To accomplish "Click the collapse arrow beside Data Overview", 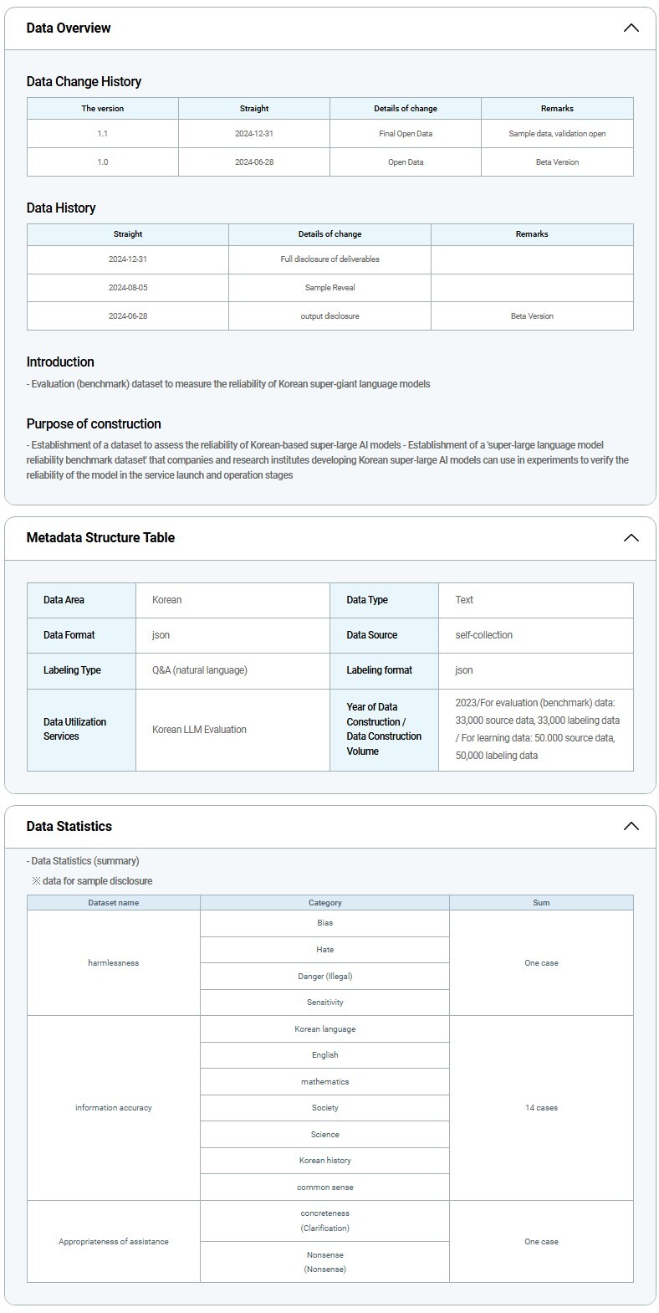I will [x=631, y=28].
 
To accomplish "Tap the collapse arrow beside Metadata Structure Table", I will [x=631, y=537].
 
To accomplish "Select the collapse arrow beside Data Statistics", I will [x=631, y=826].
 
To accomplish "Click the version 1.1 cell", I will [x=102, y=133].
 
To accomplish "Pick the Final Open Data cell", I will [x=406, y=133].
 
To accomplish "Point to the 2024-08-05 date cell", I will [x=127, y=287].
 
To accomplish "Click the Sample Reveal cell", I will [x=329, y=287].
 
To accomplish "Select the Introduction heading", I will [x=60, y=362].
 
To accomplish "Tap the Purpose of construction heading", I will [x=94, y=423].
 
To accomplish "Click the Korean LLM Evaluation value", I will [x=199, y=729].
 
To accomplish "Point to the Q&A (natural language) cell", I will [x=200, y=670].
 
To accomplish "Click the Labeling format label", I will [x=380, y=670].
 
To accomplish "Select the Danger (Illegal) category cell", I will [x=324, y=976].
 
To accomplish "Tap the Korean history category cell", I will [x=324, y=1160].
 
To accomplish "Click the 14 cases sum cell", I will [x=541, y=1107].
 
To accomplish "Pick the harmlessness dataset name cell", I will [x=113, y=962].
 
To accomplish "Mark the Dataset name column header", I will [x=113, y=902].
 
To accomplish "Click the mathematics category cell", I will [x=324, y=1081].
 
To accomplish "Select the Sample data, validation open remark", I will [x=557, y=133].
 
